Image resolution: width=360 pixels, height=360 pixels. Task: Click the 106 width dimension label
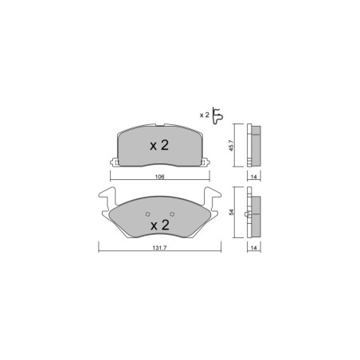pyautogui.click(x=159, y=177)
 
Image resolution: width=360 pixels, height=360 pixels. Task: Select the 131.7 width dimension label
pyautogui.click(x=159, y=248)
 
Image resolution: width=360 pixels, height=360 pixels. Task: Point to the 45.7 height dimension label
pyautogui.click(x=231, y=146)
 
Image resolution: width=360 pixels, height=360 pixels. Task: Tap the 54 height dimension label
pyautogui.click(x=231, y=212)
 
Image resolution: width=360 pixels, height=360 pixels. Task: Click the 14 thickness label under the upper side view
pyautogui.click(x=254, y=177)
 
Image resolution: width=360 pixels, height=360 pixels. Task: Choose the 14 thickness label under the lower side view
pyautogui.click(x=254, y=248)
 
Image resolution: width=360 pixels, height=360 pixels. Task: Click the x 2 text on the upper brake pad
pyautogui.click(x=159, y=146)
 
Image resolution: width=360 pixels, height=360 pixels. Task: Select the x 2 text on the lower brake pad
pyautogui.click(x=160, y=225)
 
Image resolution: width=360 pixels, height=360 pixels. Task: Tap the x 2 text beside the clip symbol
pyautogui.click(x=205, y=115)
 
